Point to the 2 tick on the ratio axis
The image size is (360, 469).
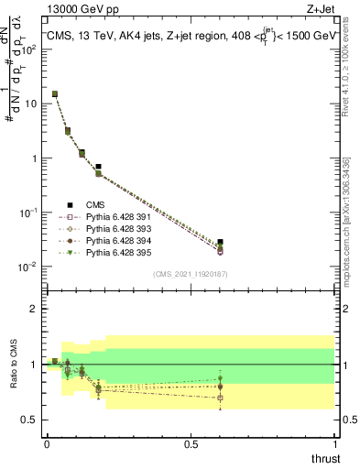33,310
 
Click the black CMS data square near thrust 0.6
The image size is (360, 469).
220,242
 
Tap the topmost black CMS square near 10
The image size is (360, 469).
55,93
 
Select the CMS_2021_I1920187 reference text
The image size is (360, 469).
190,274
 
